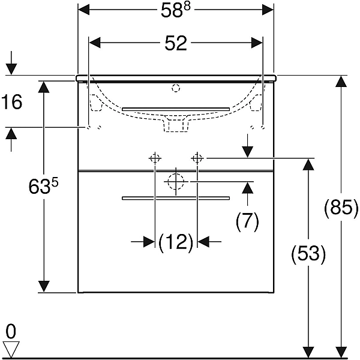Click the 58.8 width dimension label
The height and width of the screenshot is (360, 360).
[x=176, y=11]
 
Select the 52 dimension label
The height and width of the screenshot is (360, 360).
[x=176, y=44]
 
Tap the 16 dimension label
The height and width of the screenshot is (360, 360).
[x=12, y=102]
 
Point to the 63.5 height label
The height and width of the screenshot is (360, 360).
[x=43, y=186]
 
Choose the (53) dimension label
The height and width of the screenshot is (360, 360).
[x=308, y=254]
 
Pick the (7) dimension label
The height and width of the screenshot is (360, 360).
[x=247, y=221]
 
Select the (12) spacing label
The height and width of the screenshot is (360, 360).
[x=176, y=242]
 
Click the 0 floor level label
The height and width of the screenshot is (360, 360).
[x=11, y=332]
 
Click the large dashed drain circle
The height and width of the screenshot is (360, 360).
[x=176, y=182]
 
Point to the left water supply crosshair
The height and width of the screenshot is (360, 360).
[x=155, y=158]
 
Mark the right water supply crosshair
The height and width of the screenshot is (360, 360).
[x=197, y=158]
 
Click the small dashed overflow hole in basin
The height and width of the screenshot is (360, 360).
[x=176, y=88]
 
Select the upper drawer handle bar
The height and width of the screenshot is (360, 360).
[x=176, y=109]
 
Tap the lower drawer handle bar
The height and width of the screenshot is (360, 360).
[x=176, y=198]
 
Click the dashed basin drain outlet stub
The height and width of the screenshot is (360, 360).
[x=176, y=125]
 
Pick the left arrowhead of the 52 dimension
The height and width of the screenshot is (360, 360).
[x=95, y=43]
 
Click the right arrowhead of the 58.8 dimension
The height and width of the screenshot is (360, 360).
[x=268, y=10]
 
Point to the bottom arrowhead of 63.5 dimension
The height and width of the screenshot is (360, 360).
[x=44, y=287]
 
